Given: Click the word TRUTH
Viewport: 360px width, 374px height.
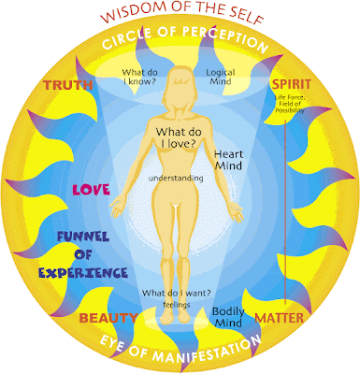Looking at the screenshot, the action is pyautogui.click(x=68, y=85).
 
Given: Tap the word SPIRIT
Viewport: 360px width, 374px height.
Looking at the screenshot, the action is pyautogui.click(x=292, y=84).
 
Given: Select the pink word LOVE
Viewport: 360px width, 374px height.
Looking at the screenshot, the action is pyautogui.click(x=91, y=190).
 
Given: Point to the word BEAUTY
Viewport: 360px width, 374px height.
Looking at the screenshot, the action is pyautogui.click(x=108, y=318).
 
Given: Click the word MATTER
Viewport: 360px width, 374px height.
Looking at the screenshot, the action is pyautogui.click(x=280, y=318).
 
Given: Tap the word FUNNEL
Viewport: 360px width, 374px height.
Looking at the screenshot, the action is pyautogui.click(x=83, y=237).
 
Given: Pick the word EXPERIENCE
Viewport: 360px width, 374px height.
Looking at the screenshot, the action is pyautogui.click(x=83, y=273).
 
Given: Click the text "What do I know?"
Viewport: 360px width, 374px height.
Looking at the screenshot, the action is pyautogui.click(x=139, y=77).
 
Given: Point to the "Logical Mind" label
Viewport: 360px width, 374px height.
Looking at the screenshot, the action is pyautogui.click(x=221, y=77).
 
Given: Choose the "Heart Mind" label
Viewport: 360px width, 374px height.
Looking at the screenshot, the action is pyautogui.click(x=228, y=160).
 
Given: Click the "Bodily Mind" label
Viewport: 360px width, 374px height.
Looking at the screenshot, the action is pyautogui.click(x=228, y=317).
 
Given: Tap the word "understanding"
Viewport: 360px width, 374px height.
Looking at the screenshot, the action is pyautogui.click(x=176, y=179).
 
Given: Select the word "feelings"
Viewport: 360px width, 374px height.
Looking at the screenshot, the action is pyautogui.click(x=177, y=305).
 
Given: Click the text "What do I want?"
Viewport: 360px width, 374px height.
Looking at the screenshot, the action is pyautogui.click(x=177, y=293).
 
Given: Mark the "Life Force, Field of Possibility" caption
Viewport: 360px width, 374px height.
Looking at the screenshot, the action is pyautogui.click(x=290, y=104).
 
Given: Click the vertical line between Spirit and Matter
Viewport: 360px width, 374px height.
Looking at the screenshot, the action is pyautogui.click(x=285, y=212).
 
